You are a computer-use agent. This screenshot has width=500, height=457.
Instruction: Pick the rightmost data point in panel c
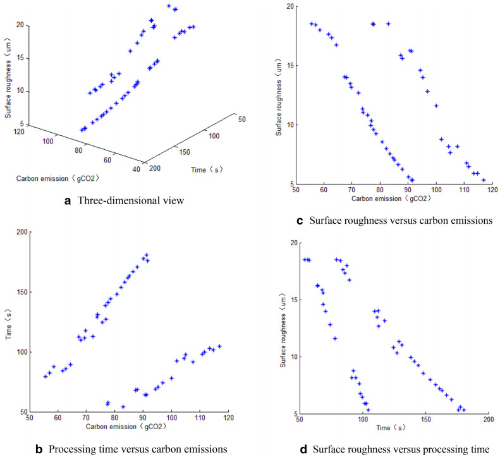click(484, 180)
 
